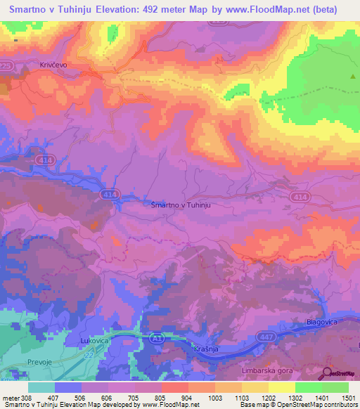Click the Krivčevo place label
(33, 64)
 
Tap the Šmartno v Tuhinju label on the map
(181, 204)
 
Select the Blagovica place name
(324, 321)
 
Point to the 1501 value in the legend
(345, 398)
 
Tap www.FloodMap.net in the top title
(275, 10)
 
